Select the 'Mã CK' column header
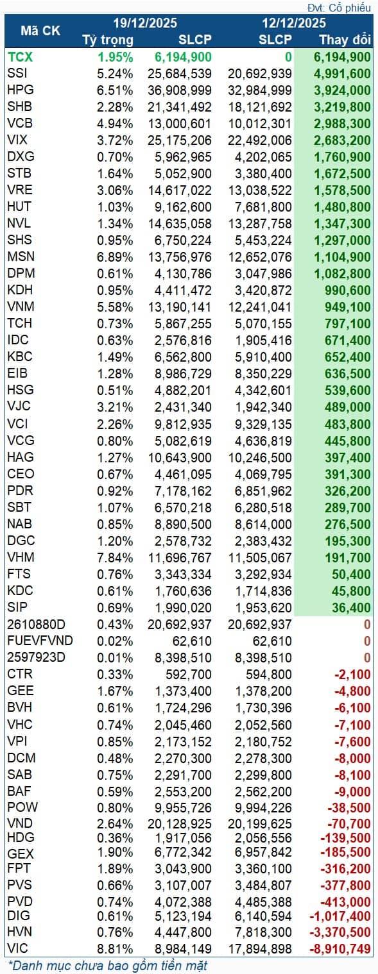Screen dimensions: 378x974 [x=40, y=31]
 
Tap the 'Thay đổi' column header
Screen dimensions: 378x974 [x=345, y=40]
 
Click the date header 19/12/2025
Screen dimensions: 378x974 [x=144, y=23]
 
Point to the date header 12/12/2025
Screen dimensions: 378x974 [x=293, y=23]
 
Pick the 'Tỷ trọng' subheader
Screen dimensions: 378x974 [x=108, y=40]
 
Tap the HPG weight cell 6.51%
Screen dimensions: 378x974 [x=116, y=90]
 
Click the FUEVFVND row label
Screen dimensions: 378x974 [x=40, y=640]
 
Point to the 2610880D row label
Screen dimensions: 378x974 [x=37, y=623]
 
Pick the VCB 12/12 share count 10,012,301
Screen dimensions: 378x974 [x=259, y=123]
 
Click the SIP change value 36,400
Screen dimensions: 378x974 [x=352, y=607]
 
